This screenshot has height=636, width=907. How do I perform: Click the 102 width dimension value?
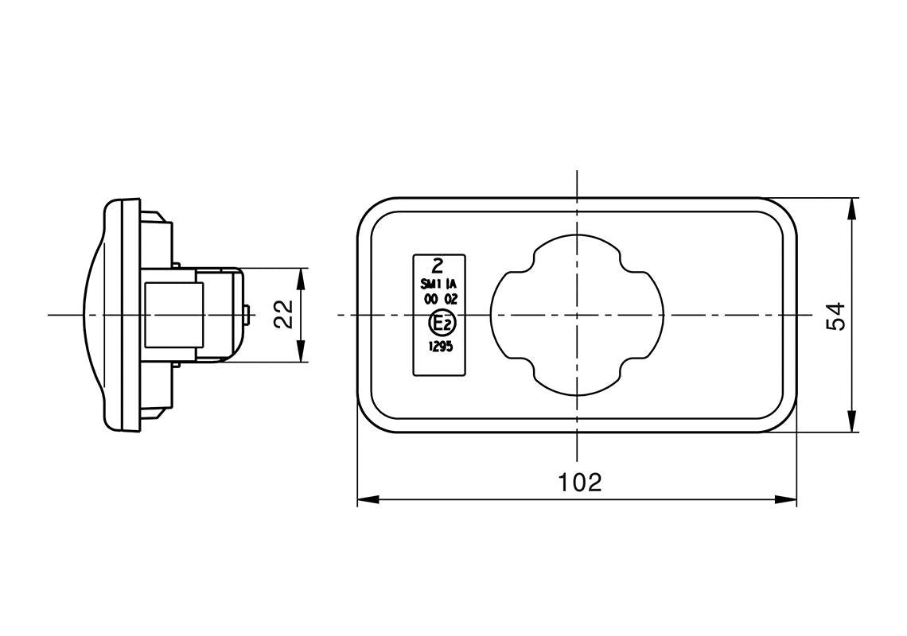579,482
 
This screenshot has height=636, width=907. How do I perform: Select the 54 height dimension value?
836,316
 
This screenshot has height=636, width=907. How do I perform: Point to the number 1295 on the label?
440,346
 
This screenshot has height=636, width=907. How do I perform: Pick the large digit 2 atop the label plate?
438,266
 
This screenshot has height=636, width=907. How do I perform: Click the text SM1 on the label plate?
430,284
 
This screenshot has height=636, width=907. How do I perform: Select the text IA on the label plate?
451,284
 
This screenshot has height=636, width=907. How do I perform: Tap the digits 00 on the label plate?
430,299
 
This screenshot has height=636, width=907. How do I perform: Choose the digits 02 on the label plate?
450,299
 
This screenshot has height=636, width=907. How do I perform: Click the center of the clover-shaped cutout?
578,316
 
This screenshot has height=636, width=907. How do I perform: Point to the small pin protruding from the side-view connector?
250,315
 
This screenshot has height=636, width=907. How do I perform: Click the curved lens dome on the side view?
92,315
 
